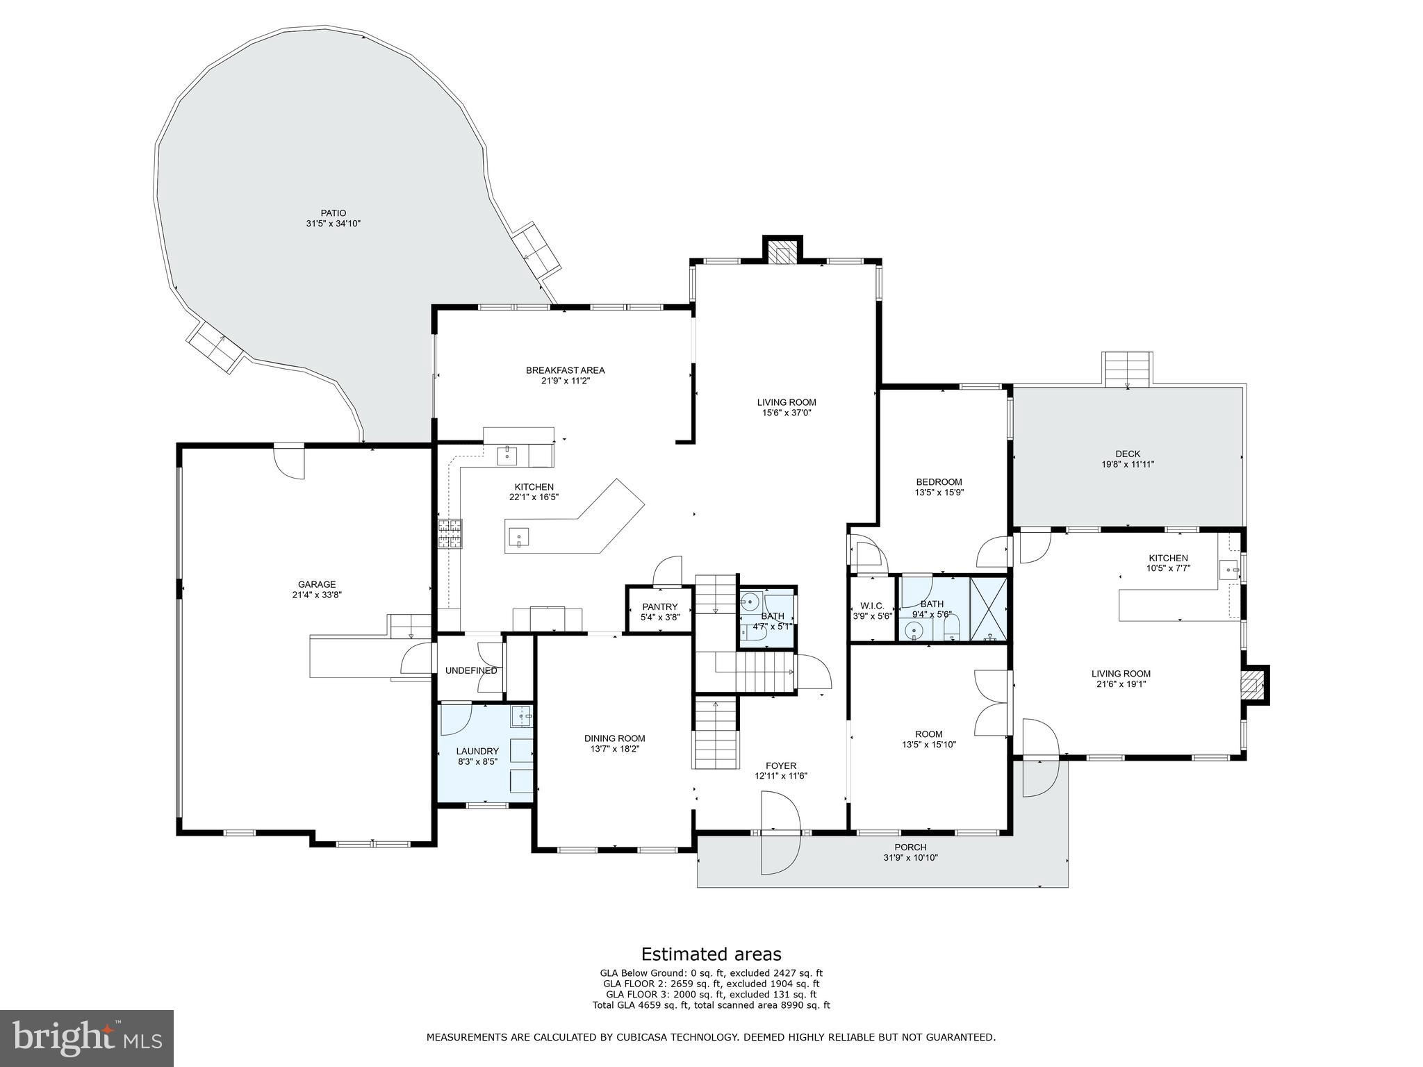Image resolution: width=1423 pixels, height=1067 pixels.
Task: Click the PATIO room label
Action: pyautogui.click(x=334, y=213)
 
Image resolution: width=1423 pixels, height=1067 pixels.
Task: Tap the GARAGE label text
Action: pyautogui.click(x=317, y=584)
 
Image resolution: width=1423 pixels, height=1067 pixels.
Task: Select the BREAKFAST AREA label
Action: pyautogui.click(x=565, y=370)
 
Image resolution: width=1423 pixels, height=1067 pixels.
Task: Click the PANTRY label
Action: pyautogui.click(x=659, y=606)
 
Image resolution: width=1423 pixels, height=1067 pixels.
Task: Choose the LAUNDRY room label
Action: pyautogui.click(x=477, y=751)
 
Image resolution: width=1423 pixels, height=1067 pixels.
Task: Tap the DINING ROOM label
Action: pyautogui.click(x=614, y=738)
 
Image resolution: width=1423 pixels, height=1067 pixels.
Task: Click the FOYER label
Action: pyautogui.click(x=781, y=766)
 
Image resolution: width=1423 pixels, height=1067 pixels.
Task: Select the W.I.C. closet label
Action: pyautogui.click(x=872, y=606)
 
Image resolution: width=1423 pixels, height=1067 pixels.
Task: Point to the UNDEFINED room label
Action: pyautogui.click(x=471, y=670)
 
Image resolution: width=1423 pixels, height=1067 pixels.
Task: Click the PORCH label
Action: pyautogui.click(x=910, y=847)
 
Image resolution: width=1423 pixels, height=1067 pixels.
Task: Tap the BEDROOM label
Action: pyautogui.click(x=939, y=482)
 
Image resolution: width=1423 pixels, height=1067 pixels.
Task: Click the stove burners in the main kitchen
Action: pyautogui.click(x=450, y=534)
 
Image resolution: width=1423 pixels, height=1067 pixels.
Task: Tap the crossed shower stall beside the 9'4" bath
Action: pyautogui.click(x=987, y=608)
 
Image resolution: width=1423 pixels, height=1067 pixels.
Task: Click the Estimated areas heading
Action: pyautogui.click(x=711, y=954)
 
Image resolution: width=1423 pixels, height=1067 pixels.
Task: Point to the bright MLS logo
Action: pyautogui.click(x=87, y=1037)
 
